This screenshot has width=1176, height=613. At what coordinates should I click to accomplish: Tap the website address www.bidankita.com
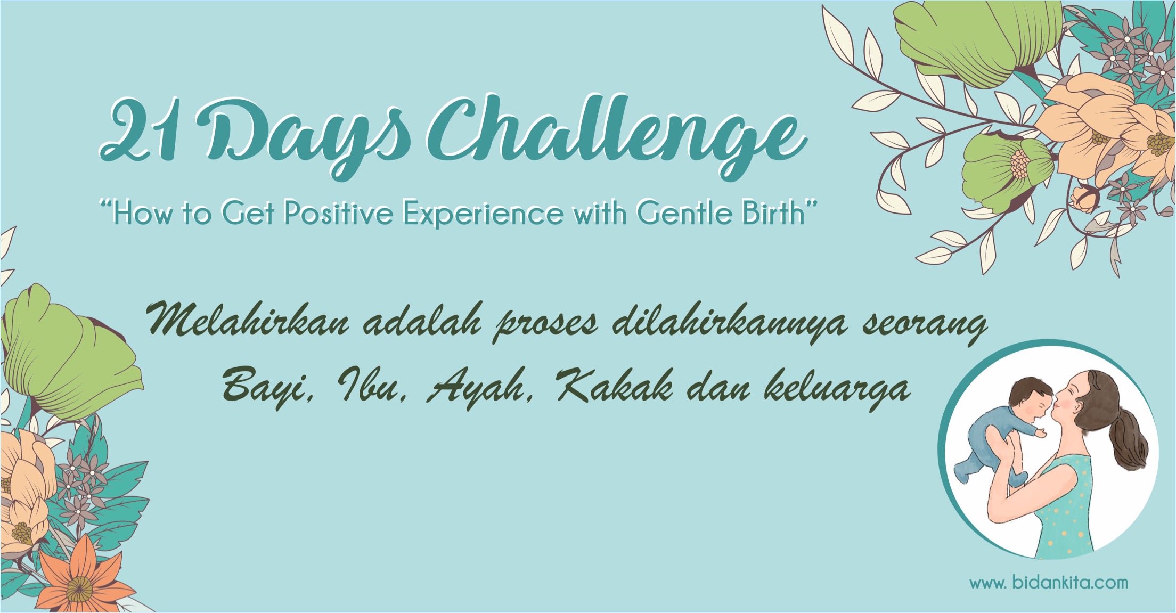tap(1048, 582)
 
